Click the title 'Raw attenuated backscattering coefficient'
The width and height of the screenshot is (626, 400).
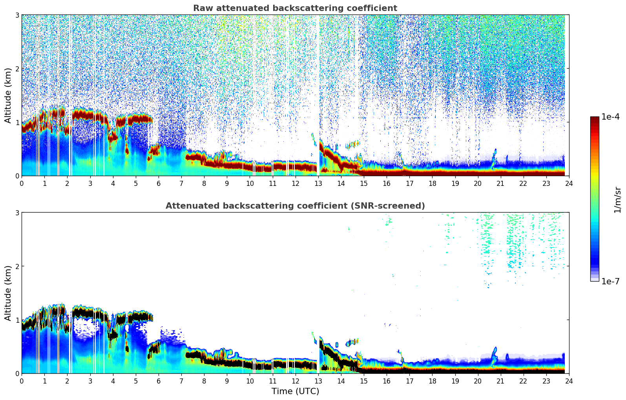coord(295,8)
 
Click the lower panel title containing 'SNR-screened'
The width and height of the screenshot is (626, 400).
coord(295,206)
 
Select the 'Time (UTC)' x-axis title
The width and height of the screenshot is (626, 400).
coord(295,391)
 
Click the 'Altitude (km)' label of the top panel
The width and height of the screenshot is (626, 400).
coord(8,95)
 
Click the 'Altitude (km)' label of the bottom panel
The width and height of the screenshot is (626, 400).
coord(8,293)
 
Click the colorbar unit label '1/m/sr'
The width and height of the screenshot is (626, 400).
coord(617,200)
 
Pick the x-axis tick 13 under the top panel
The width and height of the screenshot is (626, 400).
coord(318,183)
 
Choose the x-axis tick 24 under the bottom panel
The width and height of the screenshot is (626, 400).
coord(569,381)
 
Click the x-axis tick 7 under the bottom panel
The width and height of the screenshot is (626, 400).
coord(181,381)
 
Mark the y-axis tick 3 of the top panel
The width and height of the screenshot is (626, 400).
coord(17,15)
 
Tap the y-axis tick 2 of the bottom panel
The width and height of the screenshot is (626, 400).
coord(17,266)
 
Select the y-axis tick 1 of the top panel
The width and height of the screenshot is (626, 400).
coord(17,122)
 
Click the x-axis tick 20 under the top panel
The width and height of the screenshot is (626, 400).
coord(478,183)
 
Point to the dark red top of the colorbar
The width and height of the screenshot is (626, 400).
coord(594,118)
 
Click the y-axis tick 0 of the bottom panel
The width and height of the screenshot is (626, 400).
coord(17,373)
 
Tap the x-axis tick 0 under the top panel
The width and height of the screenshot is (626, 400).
coord(22,183)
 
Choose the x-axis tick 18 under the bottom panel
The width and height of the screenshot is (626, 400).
coord(432,381)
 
